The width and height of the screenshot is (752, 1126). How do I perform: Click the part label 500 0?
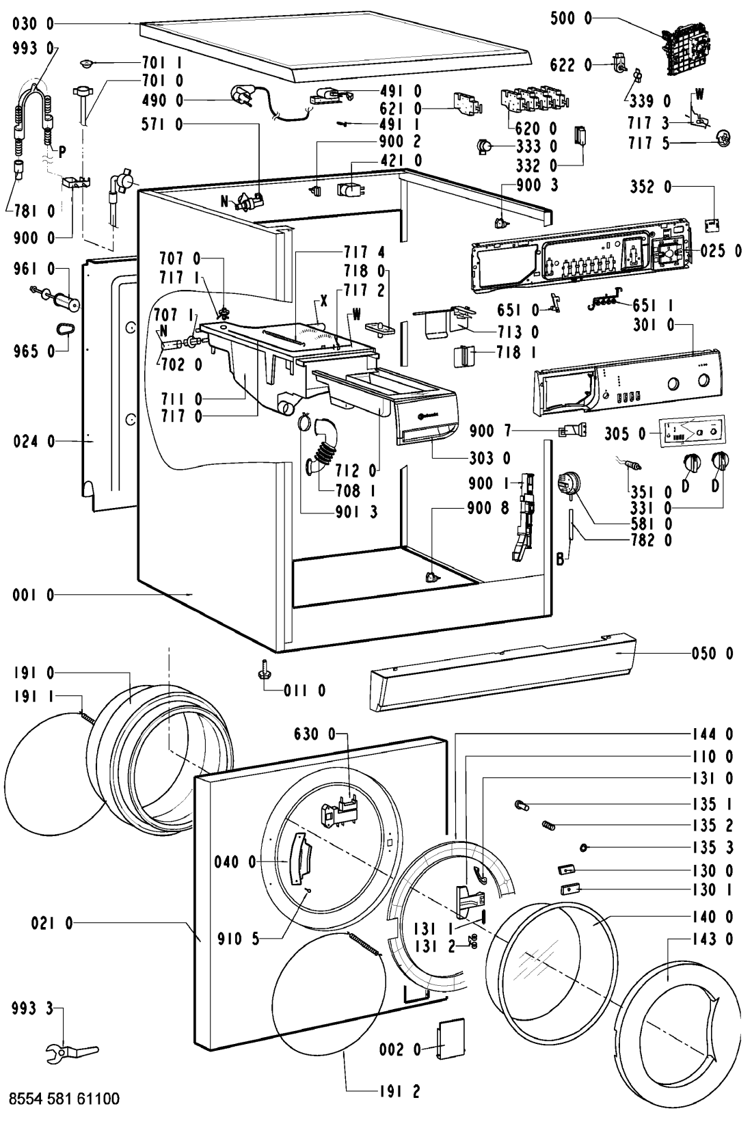[x=572, y=20]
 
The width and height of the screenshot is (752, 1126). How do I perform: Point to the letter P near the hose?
[x=62, y=152]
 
